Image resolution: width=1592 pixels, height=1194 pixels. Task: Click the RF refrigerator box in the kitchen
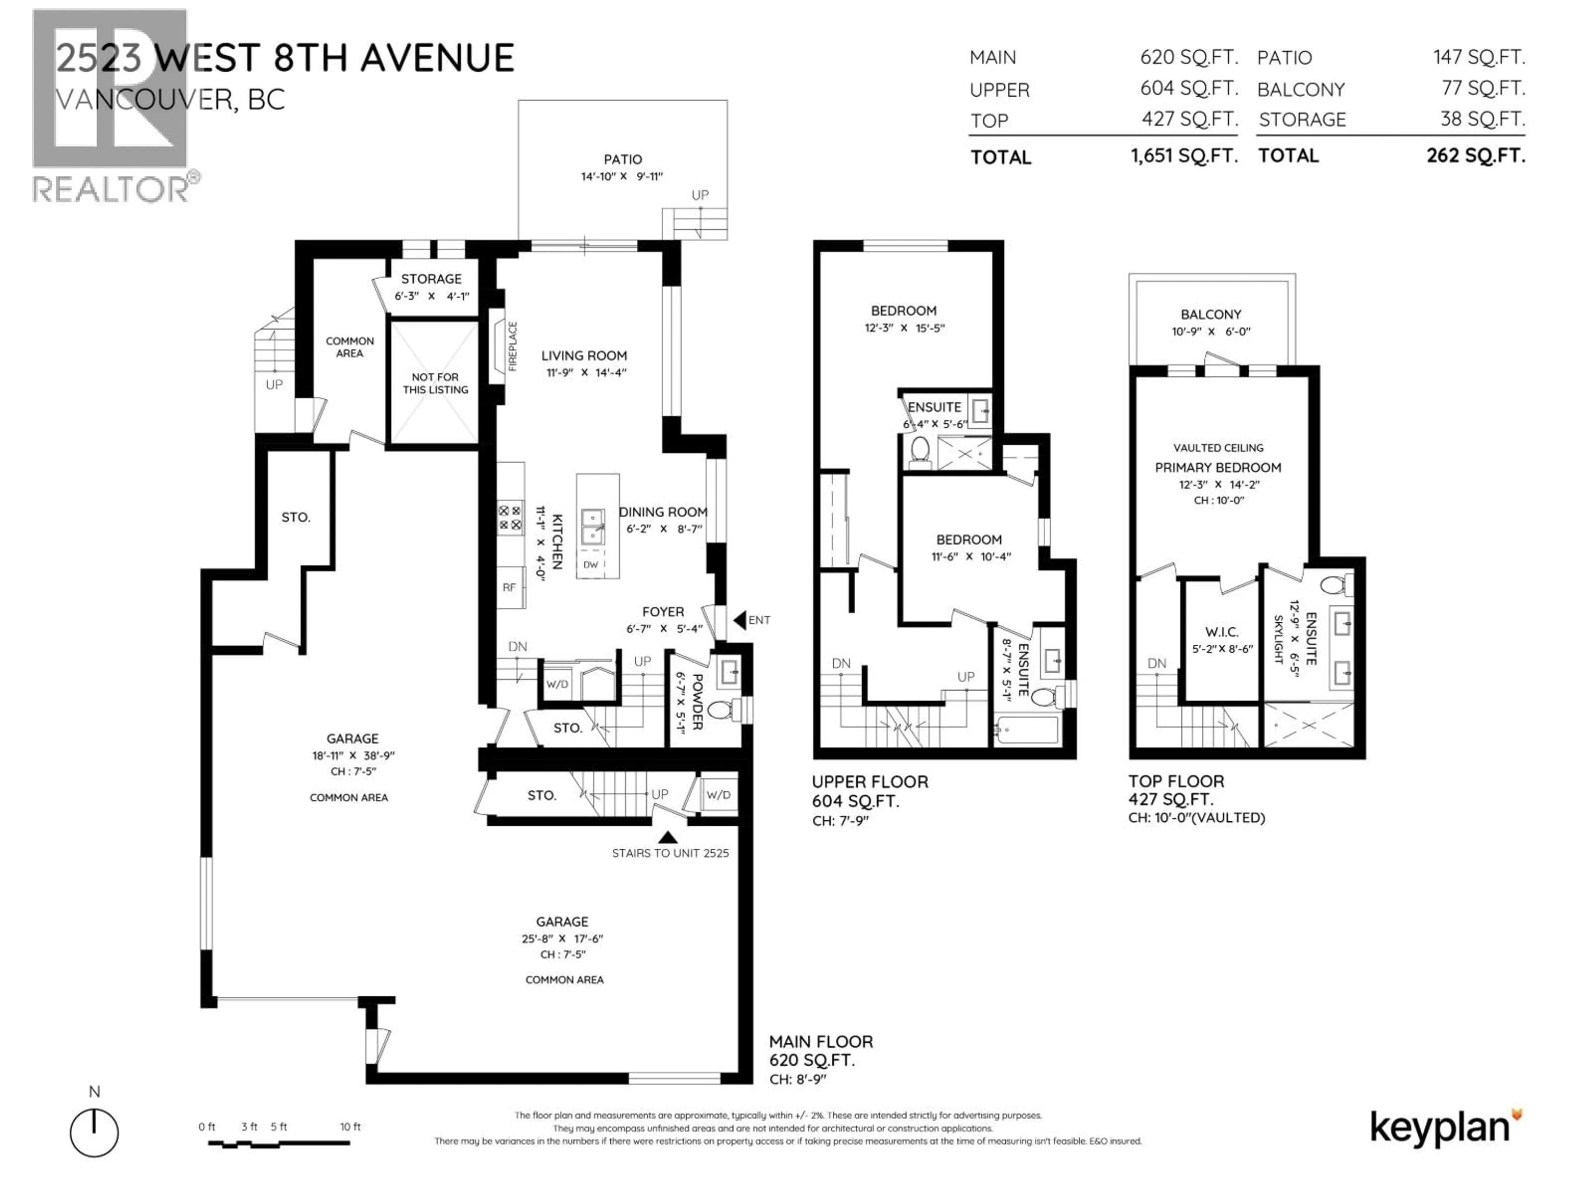tap(509, 587)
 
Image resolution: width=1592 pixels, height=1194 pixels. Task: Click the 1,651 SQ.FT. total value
tap(1184, 156)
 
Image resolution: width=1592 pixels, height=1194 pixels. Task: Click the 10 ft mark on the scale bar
tap(350, 1126)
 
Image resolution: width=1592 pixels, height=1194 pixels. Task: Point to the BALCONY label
tap(1211, 315)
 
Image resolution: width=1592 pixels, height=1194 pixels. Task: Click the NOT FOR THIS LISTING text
tap(435, 383)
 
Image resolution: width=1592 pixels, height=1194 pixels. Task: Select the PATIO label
tap(623, 159)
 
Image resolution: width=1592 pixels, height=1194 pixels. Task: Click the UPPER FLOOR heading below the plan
tap(869, 781)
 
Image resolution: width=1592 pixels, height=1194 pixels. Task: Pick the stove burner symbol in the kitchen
tap(510, 517)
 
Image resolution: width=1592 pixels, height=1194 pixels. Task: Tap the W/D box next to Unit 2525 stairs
tap(718, 795)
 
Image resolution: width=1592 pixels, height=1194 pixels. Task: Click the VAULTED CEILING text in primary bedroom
tap(1218, 448)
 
